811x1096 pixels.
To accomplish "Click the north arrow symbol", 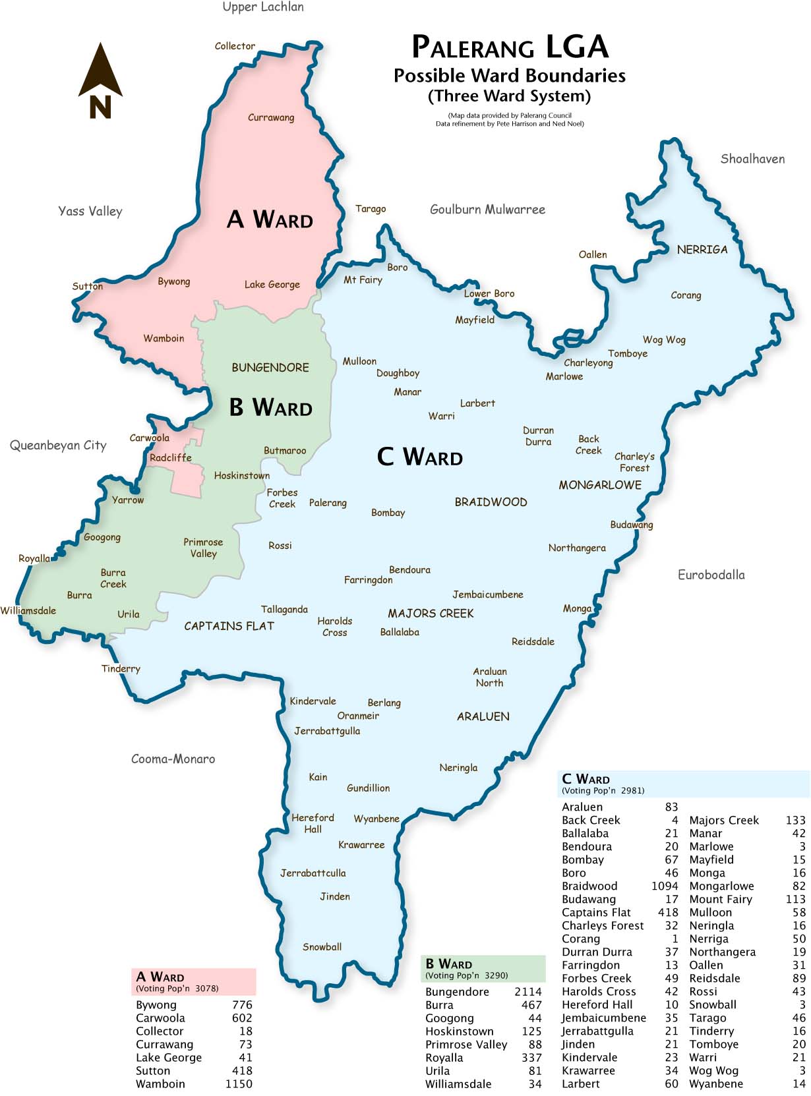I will pyautogui.click(x=100, y=79).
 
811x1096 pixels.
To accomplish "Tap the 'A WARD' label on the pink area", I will pyautogui.click(x=270, y=219).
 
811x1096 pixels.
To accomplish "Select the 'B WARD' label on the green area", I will pyautogui.click(x=270, y=407).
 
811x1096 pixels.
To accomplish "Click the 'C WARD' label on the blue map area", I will pyautogui.click(x=419, y=457).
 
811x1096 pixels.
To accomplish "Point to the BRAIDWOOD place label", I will pyautogui.click(x=491, y=502).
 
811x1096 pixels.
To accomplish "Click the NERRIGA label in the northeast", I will pyautogui.click(x=702, y=250).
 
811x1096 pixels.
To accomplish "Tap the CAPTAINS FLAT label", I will pyautogui.click(x=229, y=626).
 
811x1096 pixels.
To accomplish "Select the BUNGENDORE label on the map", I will pyautogui.click(x=270, y=368).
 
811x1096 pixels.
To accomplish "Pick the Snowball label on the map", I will pyautogui.click(x=322, y=947).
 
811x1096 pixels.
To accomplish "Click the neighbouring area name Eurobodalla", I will pyautogui.click(x=711, y=575).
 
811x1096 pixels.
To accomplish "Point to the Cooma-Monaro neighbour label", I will pyautogui.click(x=173, y=759).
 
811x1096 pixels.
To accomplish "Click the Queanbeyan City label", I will pyautogui.click(x=58, y=446).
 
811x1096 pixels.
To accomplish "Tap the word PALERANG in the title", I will pyautogui.click(x=473, y=47).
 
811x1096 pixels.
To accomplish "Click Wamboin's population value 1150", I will pyautogui.click(x=238, y=1084).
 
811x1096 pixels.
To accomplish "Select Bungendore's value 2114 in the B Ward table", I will pyautogui.click(x=527, y=992).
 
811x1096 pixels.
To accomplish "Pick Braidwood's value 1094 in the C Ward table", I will pyautogui.click(x=664, y=886).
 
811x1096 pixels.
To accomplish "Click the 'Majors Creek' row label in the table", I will pyautogui.click(x=723, y=821).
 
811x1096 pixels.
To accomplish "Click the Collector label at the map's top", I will pyautogui.click(x=235, y=46).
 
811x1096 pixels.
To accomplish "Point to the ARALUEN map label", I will pyautogui.click(x=483, y=716).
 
